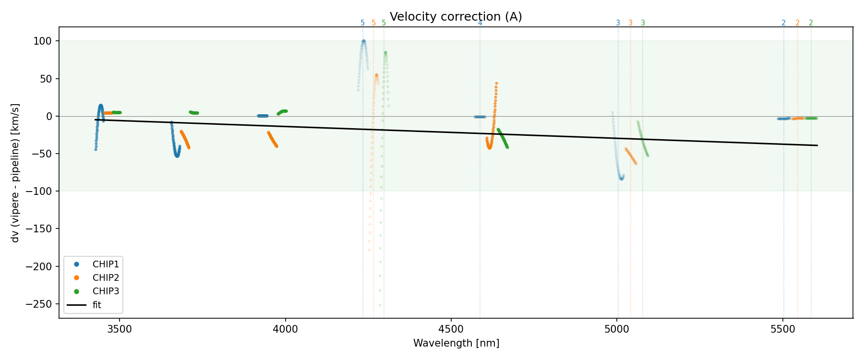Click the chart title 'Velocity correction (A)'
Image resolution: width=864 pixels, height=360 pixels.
coord(456,17)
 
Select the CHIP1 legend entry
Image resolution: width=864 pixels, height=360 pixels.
coord(106,264)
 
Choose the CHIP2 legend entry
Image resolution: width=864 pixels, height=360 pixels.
coord(106,277)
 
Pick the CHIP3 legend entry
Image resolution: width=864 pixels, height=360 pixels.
coord(106,291)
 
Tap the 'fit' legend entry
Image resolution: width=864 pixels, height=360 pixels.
coord(97,305)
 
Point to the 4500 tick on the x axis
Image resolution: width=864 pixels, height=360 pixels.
coord(451,329)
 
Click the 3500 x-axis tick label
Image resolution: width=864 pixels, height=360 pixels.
coord(120,329)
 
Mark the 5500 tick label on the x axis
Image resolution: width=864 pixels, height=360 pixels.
coord(783,329)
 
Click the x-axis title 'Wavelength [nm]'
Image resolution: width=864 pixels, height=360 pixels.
coord(456,343)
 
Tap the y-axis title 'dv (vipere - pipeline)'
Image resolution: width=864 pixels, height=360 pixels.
coord(15,173)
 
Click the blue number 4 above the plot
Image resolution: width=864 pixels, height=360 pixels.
coord(480,23)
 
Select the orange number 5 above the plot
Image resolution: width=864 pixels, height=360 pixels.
coord(373,23)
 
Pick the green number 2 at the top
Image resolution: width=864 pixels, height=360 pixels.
coord(811,23)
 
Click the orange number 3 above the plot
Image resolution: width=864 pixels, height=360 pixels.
coord(630,23)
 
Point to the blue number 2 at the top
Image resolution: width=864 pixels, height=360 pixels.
coord(783,23)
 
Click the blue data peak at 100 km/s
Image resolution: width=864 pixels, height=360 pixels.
coord(363,41)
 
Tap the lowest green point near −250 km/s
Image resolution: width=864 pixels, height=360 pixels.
coord(380,305)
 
